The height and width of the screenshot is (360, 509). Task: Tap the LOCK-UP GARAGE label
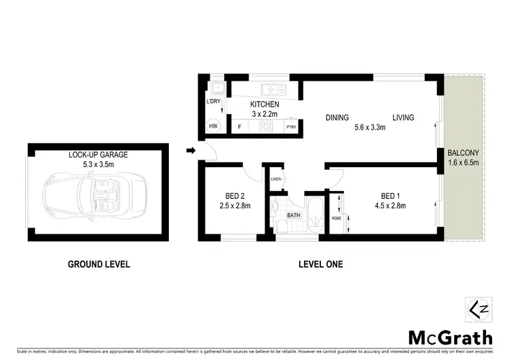point(98,155)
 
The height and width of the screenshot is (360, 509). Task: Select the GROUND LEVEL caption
point(98,264)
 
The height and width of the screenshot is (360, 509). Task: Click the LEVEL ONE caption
point(321,264)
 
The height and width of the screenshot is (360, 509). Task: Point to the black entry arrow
point(191,150)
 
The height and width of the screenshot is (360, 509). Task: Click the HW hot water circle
point(213,126)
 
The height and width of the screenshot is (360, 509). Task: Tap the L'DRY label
point(213,102)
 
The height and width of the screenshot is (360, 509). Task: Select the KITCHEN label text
point(265,104)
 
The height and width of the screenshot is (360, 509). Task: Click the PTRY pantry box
point(290,126)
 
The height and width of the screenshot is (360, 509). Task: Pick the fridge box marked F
point(239,126)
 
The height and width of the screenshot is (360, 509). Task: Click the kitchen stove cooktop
point(267,126)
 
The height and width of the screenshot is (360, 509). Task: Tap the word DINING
point(337,118)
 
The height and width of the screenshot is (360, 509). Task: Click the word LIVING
point(402,118)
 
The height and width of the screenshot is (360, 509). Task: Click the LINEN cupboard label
point(276,179)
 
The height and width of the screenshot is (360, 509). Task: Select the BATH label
point(293,215)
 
